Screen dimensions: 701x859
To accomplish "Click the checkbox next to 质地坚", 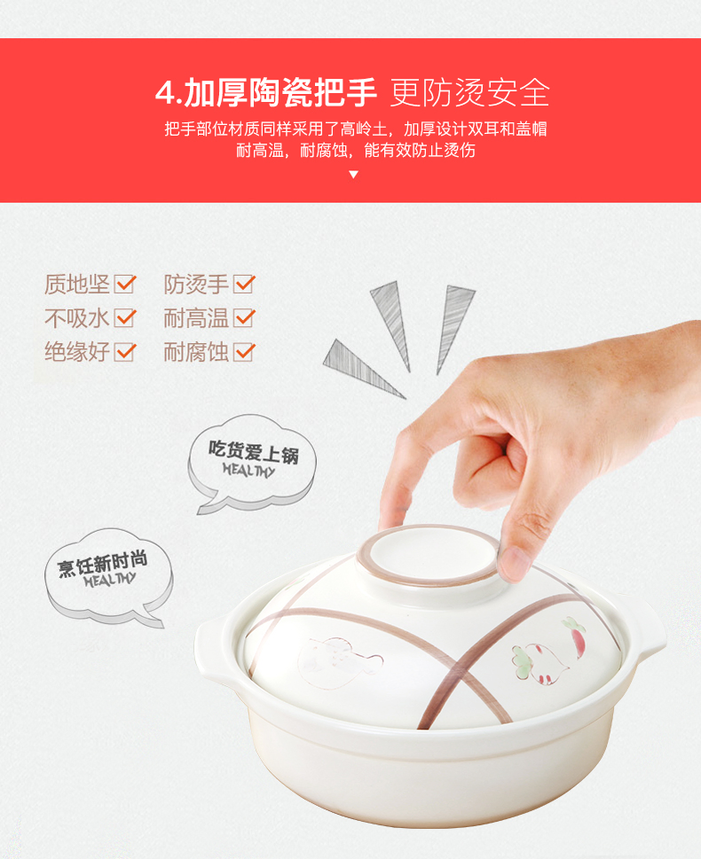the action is (124, 284).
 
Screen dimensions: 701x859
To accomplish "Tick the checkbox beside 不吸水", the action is (124, 317).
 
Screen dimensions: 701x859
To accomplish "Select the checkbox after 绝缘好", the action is (124, 352).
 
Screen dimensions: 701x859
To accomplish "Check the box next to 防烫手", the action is (244, 284).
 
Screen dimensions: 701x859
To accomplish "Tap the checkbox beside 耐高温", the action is (244, 317).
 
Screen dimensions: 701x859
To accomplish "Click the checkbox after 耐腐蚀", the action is (244, 352).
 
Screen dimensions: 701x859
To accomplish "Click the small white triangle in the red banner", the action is (354, 175).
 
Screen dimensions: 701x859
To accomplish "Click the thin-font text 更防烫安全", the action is (469, 92).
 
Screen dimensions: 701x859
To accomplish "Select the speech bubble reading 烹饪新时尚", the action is (108, 577).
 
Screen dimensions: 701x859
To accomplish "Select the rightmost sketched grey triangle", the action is (453, 329).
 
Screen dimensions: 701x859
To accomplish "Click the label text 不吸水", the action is (77, 318).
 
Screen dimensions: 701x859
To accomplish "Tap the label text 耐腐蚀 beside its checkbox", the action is (196, 352).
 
